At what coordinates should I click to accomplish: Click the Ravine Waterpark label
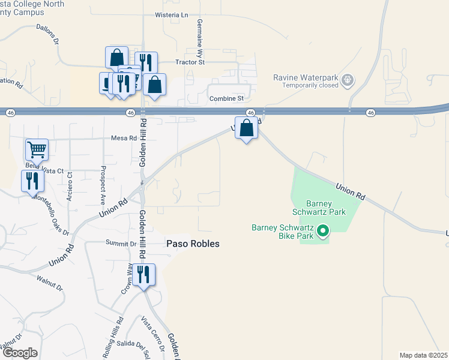tap(306, 78)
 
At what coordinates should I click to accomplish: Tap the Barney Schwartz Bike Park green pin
tap(323, 230)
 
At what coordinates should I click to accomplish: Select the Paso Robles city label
tap(193, 244)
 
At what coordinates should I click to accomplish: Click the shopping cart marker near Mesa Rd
tap(37, 149)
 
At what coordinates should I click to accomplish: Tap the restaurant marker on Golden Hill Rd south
tap(143, 275)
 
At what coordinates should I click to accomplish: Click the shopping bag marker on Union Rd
tap(246, 129)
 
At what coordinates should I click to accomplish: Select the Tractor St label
tap(190, 62)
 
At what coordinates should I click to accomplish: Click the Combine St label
tap(226, 98)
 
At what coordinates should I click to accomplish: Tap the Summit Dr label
tap(121, 244)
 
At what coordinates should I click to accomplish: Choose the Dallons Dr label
tap(47, 37)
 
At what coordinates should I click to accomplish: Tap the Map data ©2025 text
tap(424, 355)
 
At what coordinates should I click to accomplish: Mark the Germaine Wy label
tap(199, 34)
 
